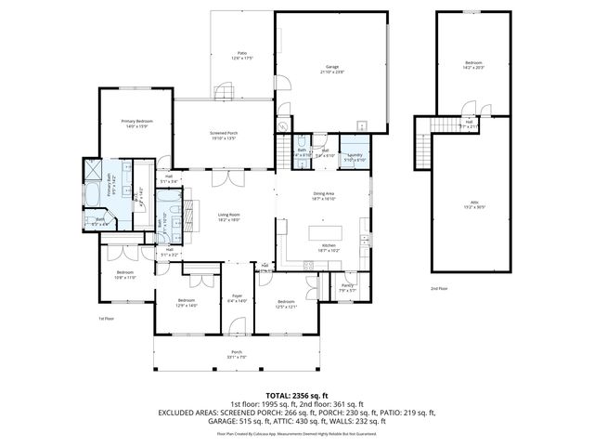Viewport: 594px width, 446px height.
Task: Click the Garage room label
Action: [332, 70]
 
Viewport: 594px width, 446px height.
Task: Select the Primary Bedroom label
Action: [136, 124]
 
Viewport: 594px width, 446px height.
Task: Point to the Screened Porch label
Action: [224, 136]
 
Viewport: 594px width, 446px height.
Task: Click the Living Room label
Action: [229, 217]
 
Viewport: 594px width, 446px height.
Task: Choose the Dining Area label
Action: [324, 196]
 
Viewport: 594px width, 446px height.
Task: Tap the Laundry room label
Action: [355, 157]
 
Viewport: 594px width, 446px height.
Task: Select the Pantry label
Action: [347, 287]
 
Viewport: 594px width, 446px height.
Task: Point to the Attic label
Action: [474, 207]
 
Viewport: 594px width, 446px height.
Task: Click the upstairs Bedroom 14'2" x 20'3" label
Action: [473, 66]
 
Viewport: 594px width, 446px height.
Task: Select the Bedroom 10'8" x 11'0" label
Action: [125, 274]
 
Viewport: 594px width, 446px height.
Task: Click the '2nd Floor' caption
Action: [439, 289]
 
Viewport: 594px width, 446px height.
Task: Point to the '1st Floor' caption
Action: [107, 319]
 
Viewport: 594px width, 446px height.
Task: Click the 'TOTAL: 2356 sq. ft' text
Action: [296, 393]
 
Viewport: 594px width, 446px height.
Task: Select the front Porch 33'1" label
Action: [238, 353]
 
